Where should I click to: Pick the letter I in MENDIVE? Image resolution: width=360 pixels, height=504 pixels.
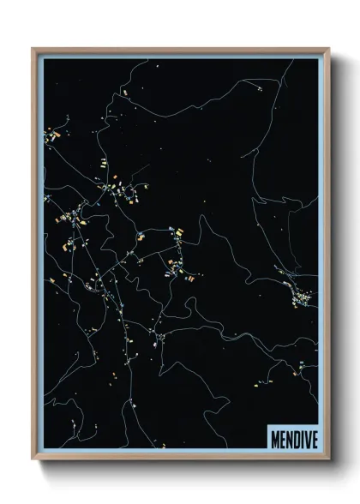[301, 439]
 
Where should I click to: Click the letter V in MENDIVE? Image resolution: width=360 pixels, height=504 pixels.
[306, 439]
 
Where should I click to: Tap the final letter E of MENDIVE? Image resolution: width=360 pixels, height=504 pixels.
[314, 439]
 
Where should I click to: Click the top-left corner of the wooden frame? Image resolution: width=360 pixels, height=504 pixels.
[33, 49]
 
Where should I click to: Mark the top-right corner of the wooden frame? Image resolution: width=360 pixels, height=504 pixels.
[329, 49]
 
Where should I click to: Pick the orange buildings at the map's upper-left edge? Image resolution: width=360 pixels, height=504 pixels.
[51, 135]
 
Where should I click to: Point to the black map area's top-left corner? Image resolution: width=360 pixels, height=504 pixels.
[45, 60]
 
